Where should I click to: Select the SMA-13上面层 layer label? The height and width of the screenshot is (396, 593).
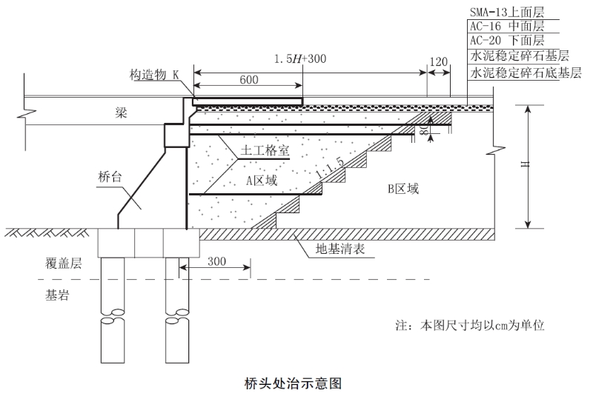(507, 12)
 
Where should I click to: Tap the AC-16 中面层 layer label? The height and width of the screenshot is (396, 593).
(507, 26)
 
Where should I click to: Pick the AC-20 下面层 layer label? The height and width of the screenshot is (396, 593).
(507, 40)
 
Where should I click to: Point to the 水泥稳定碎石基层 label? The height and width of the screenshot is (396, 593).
(519, 56)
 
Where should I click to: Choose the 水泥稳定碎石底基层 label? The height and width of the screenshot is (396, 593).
(524, 73)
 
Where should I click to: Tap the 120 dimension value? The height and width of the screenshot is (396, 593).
(439, 62)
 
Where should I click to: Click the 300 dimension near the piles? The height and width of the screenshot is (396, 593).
(216, 262)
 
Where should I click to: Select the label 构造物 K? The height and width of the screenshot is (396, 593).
(154, 75)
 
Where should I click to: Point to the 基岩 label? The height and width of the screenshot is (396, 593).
(56, 295)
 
